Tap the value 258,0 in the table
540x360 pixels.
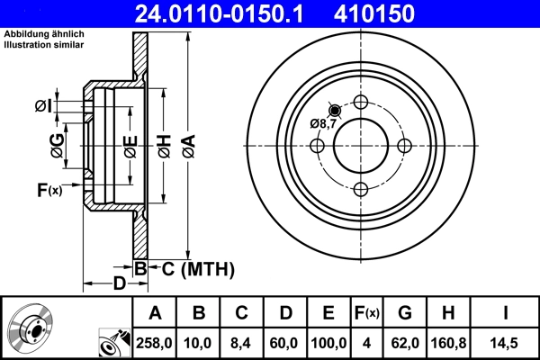click(155, 342)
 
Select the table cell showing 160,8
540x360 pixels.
click(449, 342)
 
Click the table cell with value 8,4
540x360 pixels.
click(242, 342)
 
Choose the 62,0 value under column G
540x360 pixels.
click(406, 342)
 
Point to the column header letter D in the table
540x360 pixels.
click(285, 313)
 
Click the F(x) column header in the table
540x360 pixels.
click(366, 313)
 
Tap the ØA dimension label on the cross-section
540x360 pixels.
click(187, 146)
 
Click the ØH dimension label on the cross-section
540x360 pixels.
click(164, 146)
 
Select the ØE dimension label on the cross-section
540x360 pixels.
click(130, 146)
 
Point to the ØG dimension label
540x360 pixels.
click(57, 146)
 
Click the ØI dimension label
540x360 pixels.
click(43, 108)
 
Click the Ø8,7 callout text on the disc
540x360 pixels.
click(322, 123)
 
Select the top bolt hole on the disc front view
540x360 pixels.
click(361, 102)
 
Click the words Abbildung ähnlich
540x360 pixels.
click(44, 34)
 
